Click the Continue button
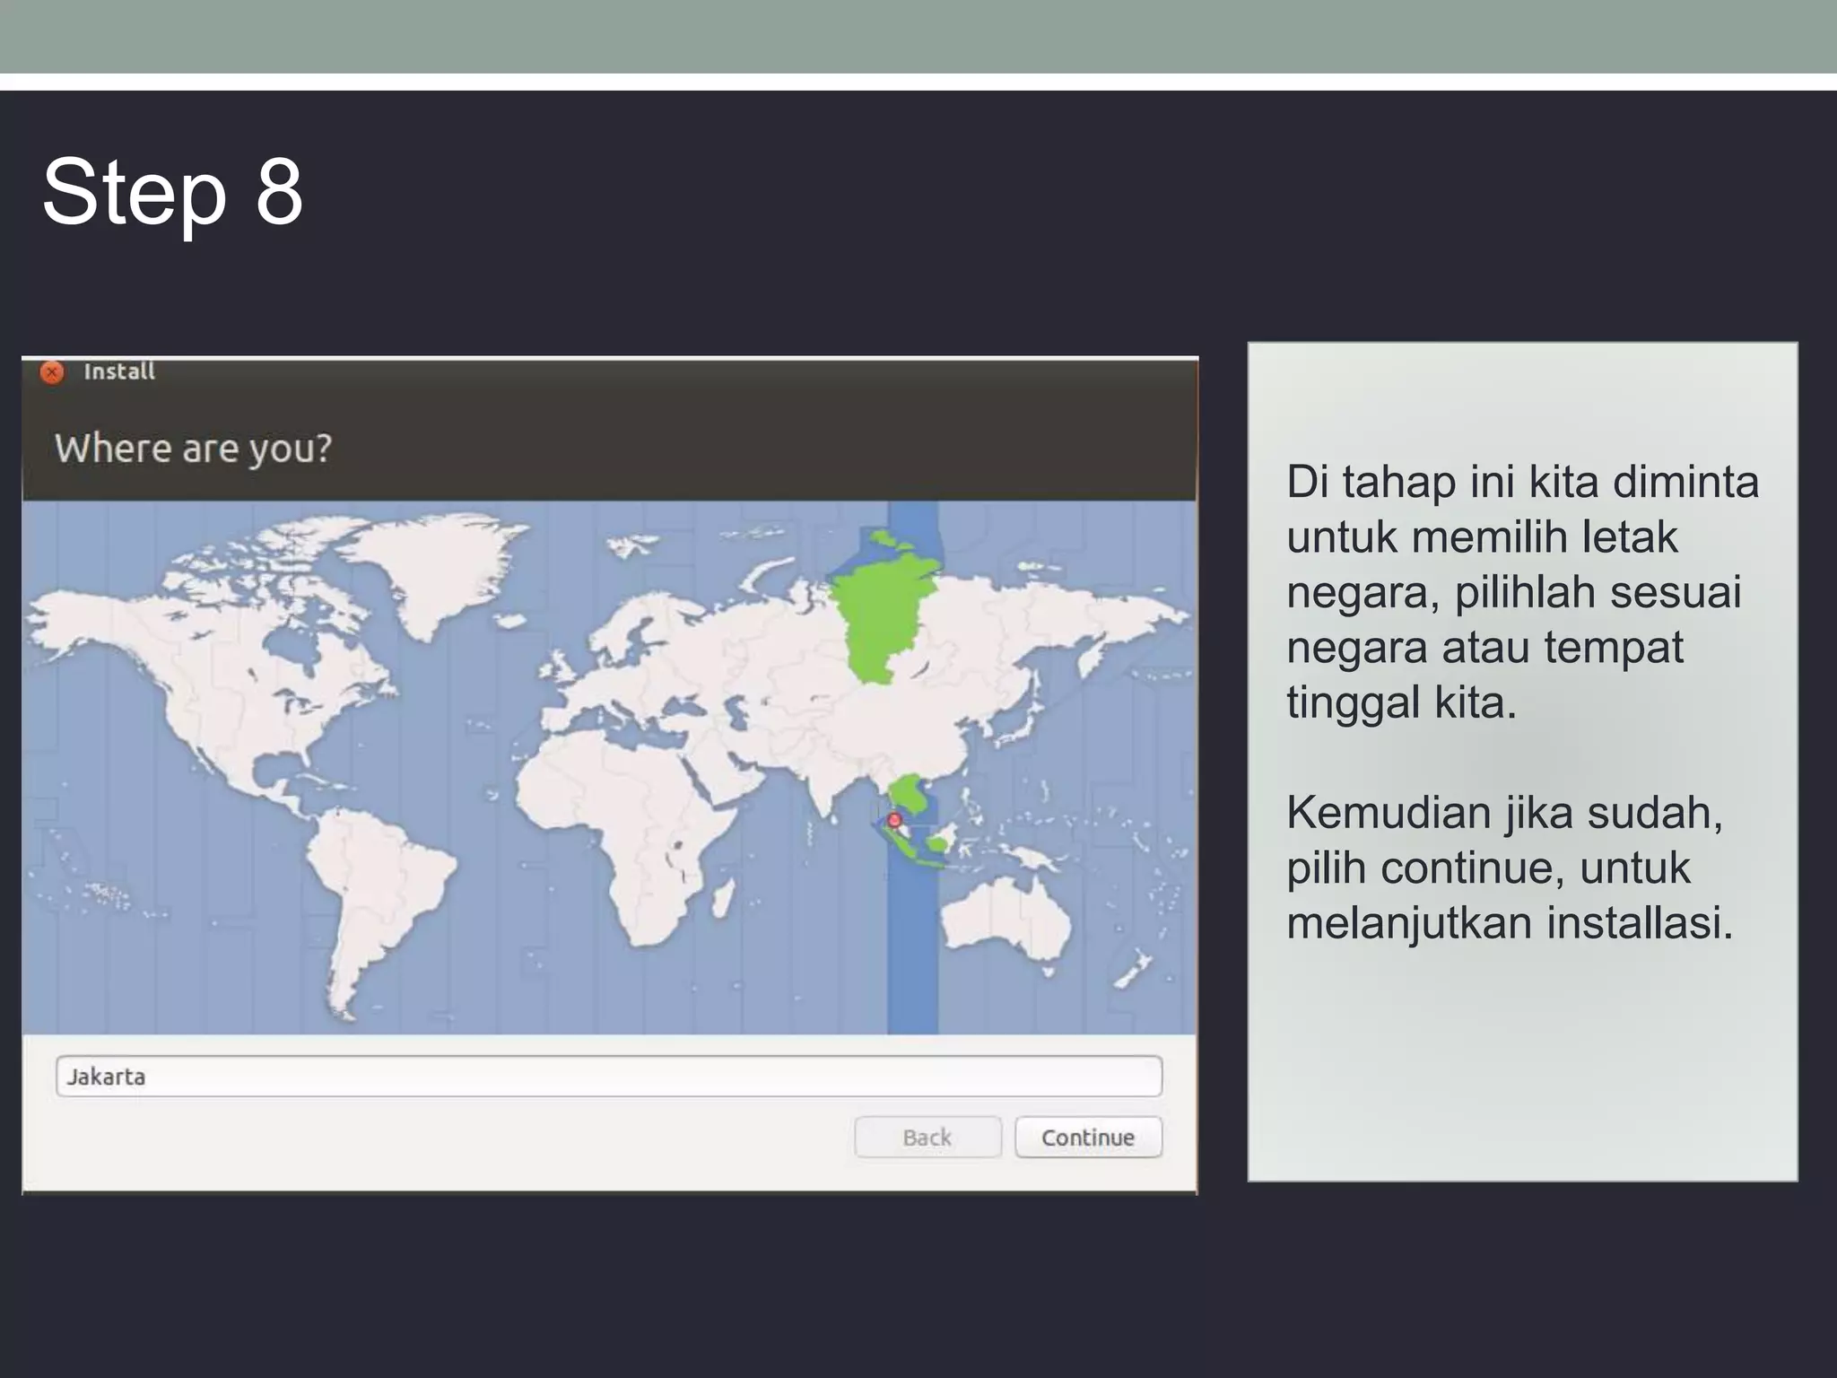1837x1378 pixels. [1088, 1137]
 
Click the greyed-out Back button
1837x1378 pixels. [927, 1137]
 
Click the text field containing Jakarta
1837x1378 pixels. [608, 1076]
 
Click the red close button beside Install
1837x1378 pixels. [52, 371]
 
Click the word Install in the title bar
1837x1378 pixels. [119, 371]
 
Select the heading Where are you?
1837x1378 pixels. [193, 448]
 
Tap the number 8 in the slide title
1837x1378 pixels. [279, 192]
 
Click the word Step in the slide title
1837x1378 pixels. [135, 192]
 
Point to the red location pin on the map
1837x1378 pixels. [893, 820]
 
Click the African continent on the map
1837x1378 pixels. [619, 825]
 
